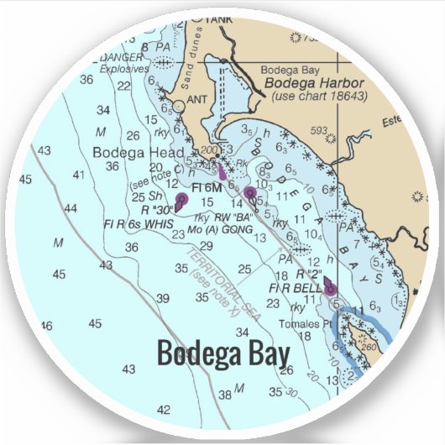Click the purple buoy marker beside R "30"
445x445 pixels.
(182, 200)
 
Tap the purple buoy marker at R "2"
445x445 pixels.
(330, 288)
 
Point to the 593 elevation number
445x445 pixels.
(317, 130)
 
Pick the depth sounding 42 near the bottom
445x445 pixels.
(164, 410)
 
